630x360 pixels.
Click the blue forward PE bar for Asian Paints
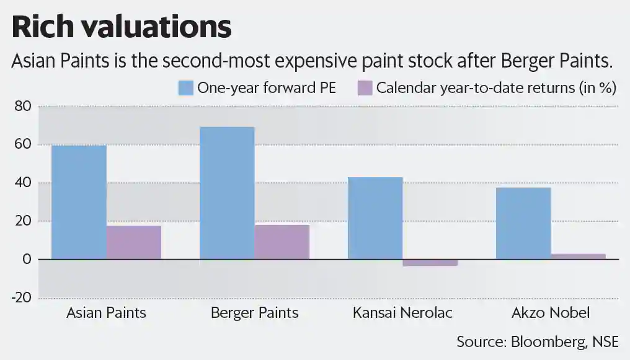79,202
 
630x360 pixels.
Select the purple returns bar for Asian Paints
134,242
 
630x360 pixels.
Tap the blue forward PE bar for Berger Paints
226,193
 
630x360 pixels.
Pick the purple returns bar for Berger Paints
282,242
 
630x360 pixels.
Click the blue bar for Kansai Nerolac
375,218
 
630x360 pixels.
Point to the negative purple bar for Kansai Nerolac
430,263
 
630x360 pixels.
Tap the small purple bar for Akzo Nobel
578,257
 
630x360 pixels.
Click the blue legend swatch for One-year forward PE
186,87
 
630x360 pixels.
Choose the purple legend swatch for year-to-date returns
365,87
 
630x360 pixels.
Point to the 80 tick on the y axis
22,107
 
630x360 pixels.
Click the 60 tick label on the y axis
22,145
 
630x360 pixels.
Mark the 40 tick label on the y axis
22,183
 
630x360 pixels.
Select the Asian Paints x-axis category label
106,312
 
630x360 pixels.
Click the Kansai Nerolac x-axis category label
402,312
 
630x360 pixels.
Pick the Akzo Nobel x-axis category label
551,312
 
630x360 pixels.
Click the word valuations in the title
158,27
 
